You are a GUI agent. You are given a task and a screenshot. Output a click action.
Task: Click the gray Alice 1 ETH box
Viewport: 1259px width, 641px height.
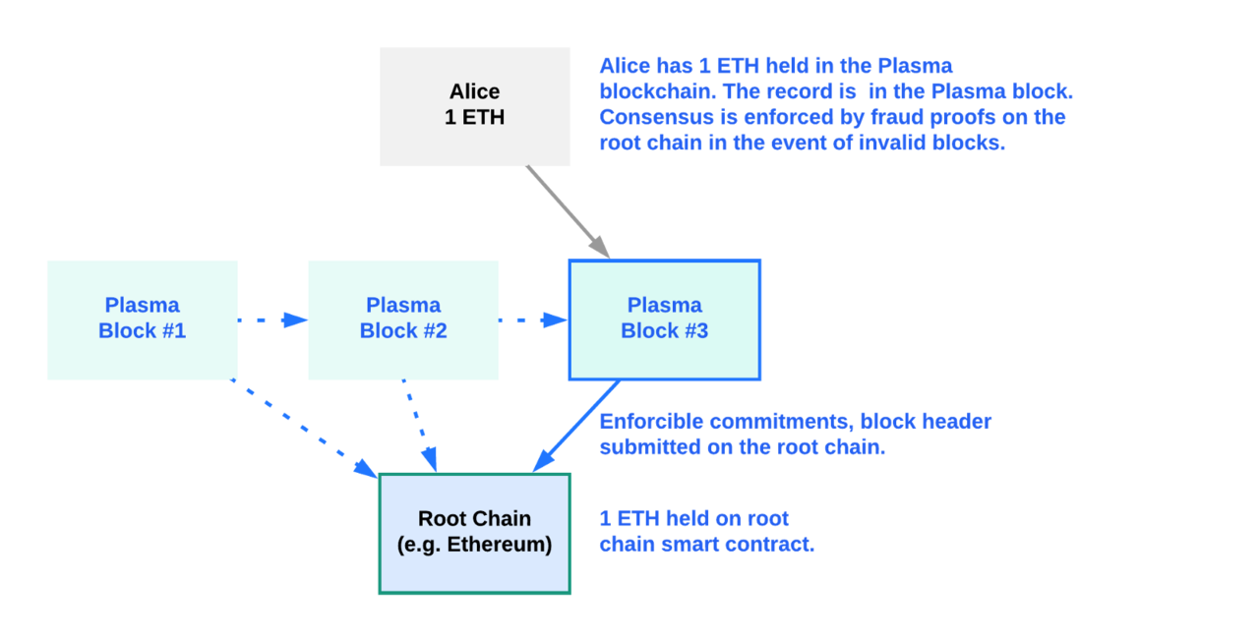point(475,106)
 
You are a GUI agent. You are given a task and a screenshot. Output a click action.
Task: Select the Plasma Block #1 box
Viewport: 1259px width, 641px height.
point(142,320)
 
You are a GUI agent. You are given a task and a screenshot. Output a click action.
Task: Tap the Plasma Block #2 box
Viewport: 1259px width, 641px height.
point(403,320)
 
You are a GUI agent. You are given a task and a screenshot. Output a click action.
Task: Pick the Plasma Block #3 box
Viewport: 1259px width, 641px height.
point(664,320)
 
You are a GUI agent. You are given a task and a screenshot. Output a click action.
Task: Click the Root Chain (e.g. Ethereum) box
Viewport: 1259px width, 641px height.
point(474,533)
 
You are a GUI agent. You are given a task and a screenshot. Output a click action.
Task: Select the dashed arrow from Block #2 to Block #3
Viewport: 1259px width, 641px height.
point(533,320)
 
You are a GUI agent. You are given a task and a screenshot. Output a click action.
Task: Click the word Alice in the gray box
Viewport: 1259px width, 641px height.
point(475,91)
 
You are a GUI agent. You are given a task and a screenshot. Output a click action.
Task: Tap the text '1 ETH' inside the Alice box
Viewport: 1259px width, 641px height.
point(475,117)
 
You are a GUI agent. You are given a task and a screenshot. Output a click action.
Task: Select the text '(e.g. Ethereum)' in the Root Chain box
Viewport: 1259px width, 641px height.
point(474,545)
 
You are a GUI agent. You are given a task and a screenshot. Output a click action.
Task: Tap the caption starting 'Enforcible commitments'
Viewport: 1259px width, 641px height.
point(795,434)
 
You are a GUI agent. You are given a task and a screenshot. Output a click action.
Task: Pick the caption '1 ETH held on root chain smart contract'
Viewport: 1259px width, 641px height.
point(706,531)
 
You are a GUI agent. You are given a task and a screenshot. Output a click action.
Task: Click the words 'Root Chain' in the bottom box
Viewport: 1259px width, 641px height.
point(474,519)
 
